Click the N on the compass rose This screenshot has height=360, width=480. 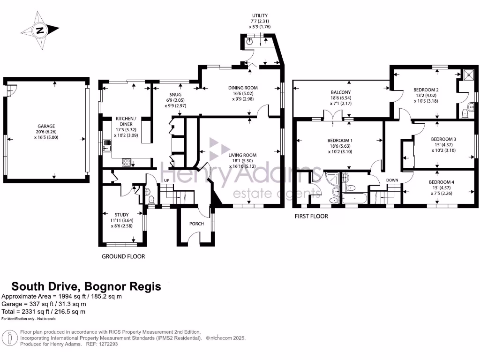click(x=40, y=30)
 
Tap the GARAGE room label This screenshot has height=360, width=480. click(x=46, y=126)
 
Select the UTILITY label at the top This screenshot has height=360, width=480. click(x=260, y=15)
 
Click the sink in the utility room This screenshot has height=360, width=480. click(x=250, y=41)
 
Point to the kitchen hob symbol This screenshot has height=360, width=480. click(x=127, y=162)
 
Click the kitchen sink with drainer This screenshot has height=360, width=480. click(x=107, y=146)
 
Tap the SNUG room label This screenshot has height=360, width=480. click(x=175, y=95)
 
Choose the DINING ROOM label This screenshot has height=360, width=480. click(x=243, y=88)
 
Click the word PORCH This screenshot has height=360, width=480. click(x=196, y=224)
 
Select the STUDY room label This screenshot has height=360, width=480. click(x=122, y=215)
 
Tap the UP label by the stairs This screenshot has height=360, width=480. click(x=166, y=180)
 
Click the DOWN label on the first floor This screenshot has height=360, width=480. click(x=392, y=180)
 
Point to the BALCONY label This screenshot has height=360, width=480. click(x=341, y=92)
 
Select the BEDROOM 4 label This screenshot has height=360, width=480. click(x=442, y=182)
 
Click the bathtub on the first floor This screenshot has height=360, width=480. click(x=355, y=198)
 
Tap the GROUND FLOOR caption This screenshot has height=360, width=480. click(x=123, y=256)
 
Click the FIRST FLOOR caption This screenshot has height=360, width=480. click(x=311, y=217)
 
